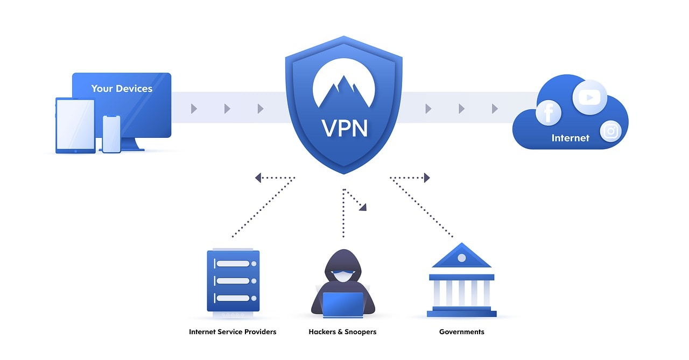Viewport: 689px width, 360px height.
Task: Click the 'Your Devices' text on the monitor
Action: click(x=122, y=89)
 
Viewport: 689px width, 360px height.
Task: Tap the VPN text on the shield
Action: click(x=344, y=128)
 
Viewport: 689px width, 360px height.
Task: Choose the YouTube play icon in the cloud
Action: click(x=589, y=97)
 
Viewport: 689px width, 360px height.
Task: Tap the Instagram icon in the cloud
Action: click(x=610, y=131)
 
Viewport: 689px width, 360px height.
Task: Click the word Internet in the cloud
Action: click(x=570, y=138)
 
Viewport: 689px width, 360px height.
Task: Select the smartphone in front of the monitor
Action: click(x=111, y=133)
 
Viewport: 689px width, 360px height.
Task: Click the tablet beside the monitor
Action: click(x=75, y=125)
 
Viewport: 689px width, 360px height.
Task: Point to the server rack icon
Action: click(x=233, y=280)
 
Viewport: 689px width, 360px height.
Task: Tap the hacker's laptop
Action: click(x=343, y=303)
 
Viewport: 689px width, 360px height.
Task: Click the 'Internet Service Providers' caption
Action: click(x=233, y=332)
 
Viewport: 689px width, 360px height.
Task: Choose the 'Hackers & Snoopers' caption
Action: click(x=342, y=332)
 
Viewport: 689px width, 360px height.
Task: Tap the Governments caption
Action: click(x=461, y=332)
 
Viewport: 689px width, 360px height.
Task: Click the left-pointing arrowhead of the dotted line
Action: click(x=258, y=178)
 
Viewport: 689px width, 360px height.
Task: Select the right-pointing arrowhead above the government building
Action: click(x=427, y=178)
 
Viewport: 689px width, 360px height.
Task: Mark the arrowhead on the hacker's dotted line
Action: click(x=363, y=207)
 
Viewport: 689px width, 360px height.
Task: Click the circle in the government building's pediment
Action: click(x=461, y=258)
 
